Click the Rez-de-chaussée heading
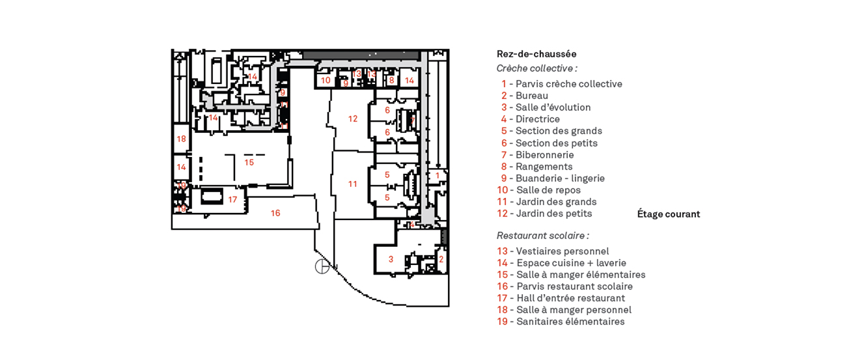click(536, 54)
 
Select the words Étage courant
click(668, 214)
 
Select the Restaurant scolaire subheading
click(542, 236)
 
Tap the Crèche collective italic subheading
click(536, 68)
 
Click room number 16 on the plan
click(275, 213)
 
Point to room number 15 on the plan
click(249, 162)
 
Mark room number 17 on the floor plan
click(232, 199)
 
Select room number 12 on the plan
click(353, 118)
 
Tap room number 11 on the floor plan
click(352, 184)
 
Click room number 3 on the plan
click(391, 259)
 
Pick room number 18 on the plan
click(181, 139)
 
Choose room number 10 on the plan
click(326, 81)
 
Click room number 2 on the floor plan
click(441, 259)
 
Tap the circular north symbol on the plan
click(322, 266)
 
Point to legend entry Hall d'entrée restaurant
click(561, 298)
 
